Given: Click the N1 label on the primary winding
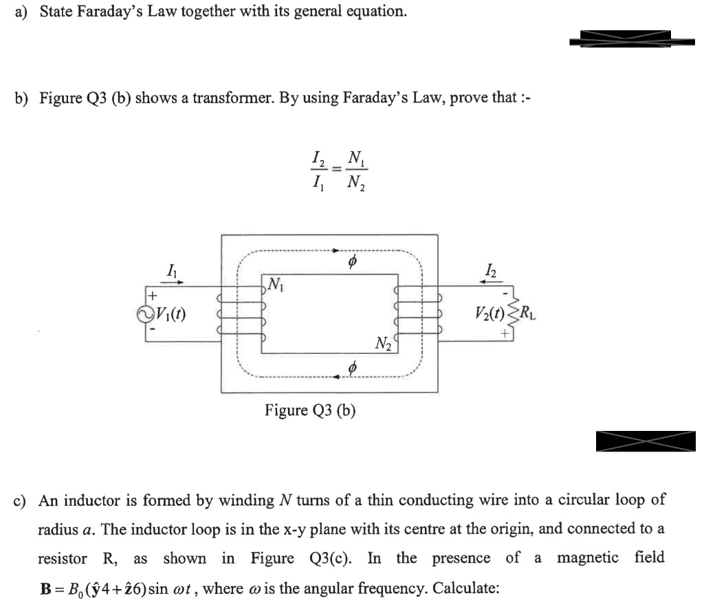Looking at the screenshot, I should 275,282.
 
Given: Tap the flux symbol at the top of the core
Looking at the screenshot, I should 351,263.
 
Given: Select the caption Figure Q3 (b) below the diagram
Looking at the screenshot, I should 310,410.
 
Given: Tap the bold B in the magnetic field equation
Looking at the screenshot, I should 43,589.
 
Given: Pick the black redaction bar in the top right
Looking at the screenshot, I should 624,38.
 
